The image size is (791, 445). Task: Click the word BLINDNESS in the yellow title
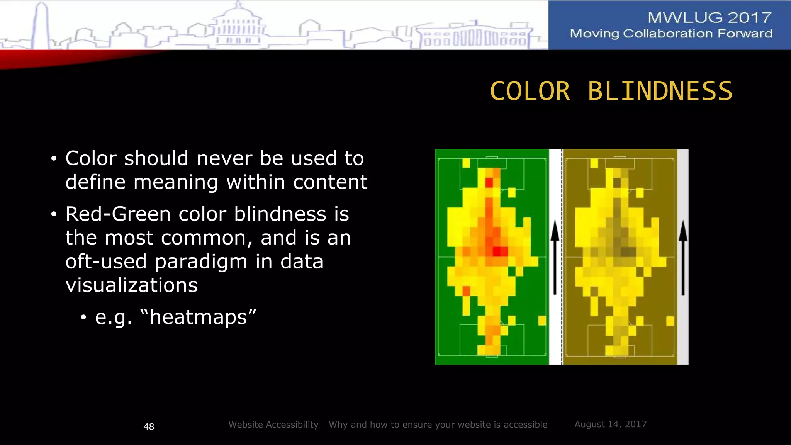click(660, 92)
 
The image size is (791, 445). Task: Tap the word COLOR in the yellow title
click(530, 92)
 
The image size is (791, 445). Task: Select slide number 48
click(149, 426)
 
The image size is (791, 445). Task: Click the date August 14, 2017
click(610, 424)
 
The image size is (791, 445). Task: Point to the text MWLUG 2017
click(709, 17)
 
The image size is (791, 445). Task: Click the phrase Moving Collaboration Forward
click(671, 34)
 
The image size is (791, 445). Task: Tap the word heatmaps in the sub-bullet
click(198, 317)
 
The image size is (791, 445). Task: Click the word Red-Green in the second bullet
click(118, 214)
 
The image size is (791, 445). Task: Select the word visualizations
click(131, 285)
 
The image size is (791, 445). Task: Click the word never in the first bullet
click(224, 158)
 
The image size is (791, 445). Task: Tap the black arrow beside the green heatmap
click(555, 257)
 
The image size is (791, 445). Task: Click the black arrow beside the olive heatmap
click(683, 257)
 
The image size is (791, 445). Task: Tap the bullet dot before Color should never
click(54, 159)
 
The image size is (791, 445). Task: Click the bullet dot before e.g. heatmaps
click(83, 318)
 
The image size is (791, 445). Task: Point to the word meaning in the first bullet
click(176, 182)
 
